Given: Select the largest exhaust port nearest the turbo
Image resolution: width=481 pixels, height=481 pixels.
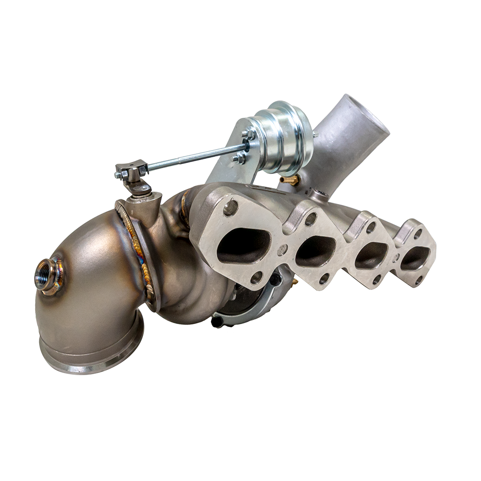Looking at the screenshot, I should pyautogui.click(x=243, y=245).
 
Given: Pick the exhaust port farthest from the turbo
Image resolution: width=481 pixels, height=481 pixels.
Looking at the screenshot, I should pyautogui.click(x=414, y=258).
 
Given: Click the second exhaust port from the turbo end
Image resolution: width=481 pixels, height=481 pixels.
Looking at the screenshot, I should pyautogui.click(x=316, y=251).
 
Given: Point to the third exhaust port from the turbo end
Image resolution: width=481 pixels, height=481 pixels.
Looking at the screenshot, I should pyautogui.click(x=371, y=255).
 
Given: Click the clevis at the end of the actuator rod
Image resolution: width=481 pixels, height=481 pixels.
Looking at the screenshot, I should pyautogui.click(x=131, y=170).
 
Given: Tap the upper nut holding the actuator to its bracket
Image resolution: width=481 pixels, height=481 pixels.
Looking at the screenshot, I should pyautogui.click(x=250, y=134).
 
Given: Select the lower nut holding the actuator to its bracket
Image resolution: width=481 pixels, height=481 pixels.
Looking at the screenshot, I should pyautogui.click(x=239, y=157).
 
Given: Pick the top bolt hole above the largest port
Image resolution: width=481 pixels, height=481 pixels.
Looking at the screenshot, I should pyautogui.click(x=230, y=208).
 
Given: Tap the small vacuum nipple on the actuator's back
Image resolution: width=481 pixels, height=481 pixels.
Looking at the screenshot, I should pyautogui.click(x=315, y=135).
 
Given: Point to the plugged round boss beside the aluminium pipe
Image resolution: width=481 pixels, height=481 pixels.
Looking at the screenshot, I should pyautogui.click(x=319, y=195).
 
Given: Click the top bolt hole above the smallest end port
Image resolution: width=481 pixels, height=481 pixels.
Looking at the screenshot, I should pyautogui.click(x=418, y=234).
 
